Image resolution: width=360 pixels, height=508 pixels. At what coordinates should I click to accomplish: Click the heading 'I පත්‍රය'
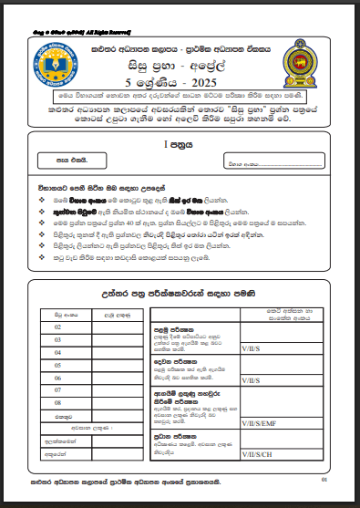179,143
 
